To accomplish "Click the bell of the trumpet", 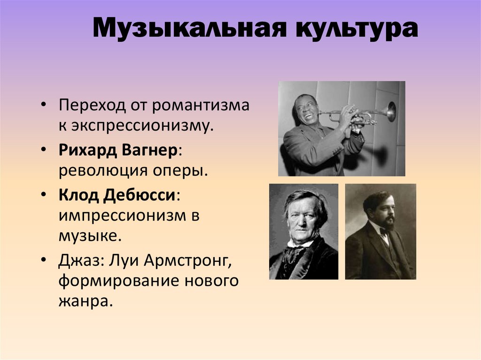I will point(391,111).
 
